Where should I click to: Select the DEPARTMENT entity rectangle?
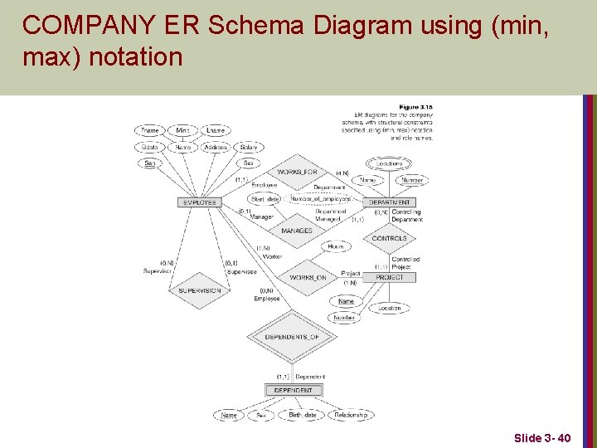[x=390, y=202]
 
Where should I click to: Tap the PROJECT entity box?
[x=390, y=277]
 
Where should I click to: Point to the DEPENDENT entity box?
[x=293, y=390]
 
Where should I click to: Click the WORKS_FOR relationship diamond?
[x=298, y=172]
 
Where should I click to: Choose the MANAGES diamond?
[x=297, y=231]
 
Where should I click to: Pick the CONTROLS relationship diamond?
[x=389, y=238]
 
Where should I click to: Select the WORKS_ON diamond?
[x=308, y=277]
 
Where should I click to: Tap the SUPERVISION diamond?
[x=199, y=290]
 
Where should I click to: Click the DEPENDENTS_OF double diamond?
[x=292, y=337]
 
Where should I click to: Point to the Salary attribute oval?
[x=247, y=147]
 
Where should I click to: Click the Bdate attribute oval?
[x=150, y=147]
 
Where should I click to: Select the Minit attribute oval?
[x=182, y=130]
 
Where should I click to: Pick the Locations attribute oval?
[x=389, y=163]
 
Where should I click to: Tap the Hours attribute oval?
[x=336, y=246]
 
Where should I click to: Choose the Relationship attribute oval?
[x=350, y=415]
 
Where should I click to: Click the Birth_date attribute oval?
[x=302, y=415]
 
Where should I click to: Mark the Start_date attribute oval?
[x=265, y=199]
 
